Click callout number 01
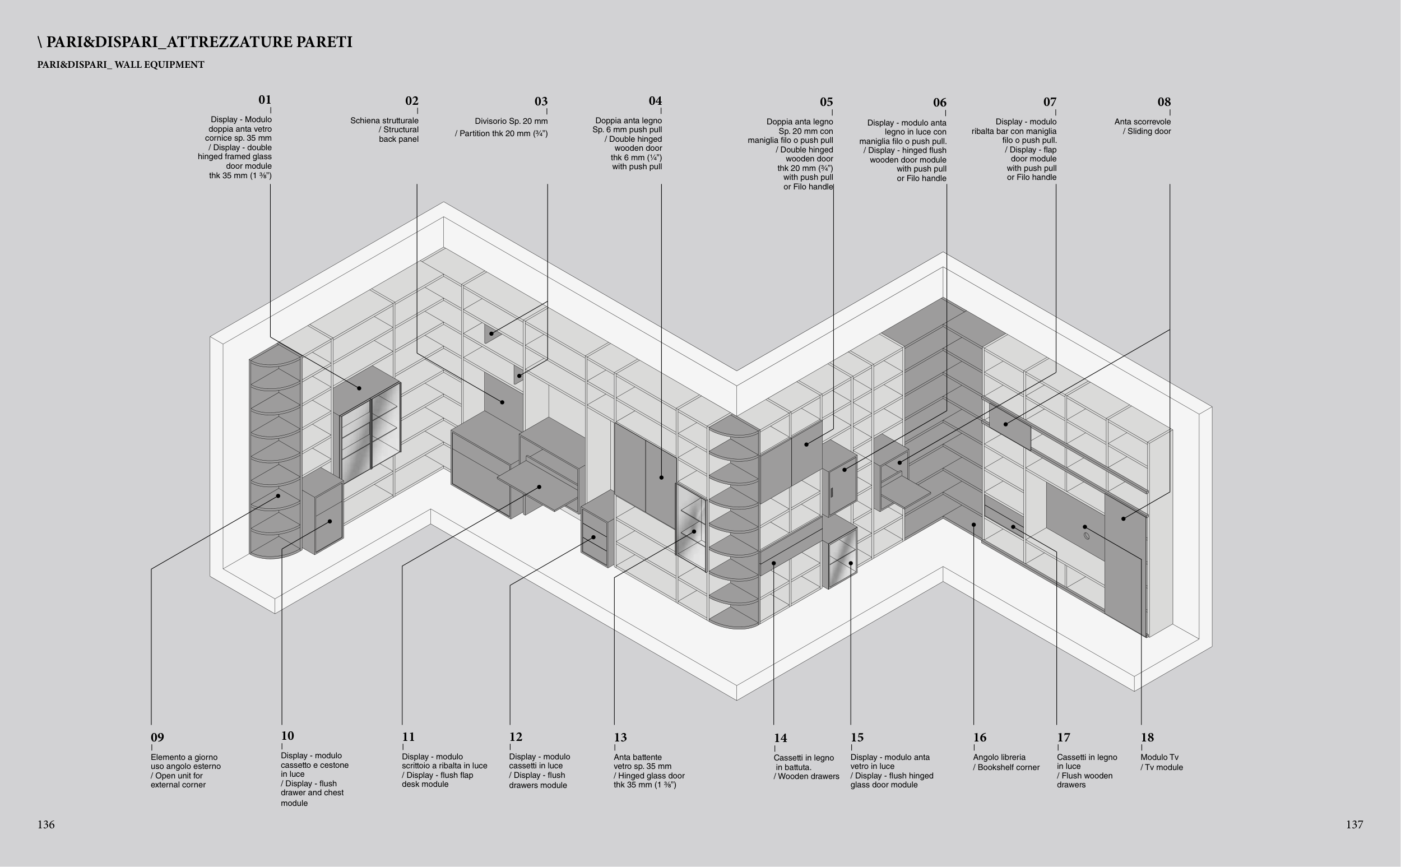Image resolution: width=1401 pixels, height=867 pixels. [265, 100]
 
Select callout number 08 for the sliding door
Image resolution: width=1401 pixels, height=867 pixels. [1164, 102]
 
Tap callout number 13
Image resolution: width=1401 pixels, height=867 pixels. [620, 738]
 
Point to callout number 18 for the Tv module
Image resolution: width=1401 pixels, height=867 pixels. [1147, 738]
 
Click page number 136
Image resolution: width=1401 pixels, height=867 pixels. [46, 824]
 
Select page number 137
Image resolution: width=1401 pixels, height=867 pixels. [1354, 824]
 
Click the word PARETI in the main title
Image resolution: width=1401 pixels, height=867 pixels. [324, 42]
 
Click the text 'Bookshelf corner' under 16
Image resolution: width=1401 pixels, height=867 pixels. [1008, 767]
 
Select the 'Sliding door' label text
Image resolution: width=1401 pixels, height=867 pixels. [1149, 131]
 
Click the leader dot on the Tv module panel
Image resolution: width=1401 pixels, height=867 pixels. [1084, 527]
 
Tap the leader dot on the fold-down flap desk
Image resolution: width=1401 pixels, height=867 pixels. [540, 487]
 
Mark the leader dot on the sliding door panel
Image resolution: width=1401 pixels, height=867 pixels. [1124, 519]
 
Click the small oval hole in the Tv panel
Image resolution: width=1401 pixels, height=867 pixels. [1086, 537]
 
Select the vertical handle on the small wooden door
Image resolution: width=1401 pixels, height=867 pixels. [832, 492]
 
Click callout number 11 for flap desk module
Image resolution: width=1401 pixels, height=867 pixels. [408, 737]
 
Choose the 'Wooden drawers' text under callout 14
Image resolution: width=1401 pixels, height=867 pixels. [808, 776]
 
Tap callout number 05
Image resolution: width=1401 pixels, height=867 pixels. [826, 102]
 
